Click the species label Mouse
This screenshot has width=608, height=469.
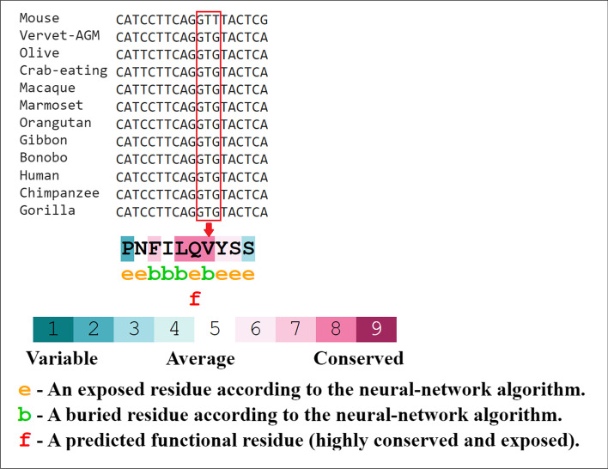coord(40,18)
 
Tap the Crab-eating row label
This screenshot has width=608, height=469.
coord(63,70)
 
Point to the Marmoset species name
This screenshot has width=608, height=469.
coord(52,106)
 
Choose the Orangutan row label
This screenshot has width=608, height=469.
coord(55,123)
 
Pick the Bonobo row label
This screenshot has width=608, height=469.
coord(43,158)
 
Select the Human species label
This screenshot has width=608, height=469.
coord(40,176)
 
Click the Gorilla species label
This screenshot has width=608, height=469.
coord(47,210)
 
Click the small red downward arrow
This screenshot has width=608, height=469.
coord(209,228)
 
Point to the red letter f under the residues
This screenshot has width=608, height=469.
coord(195,298)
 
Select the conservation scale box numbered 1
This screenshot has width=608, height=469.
coord(52,330)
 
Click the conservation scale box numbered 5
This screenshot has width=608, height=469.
coord(215,330)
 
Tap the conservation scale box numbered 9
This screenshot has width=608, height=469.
coord(376,330)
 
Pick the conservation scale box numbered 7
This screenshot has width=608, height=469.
coord(295,330)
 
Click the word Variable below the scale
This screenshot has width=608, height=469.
coord(61,358)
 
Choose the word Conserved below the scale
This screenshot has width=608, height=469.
coord(358,358)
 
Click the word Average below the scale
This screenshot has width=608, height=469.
coord(201,358)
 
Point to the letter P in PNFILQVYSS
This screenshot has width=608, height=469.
coord(128,249)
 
